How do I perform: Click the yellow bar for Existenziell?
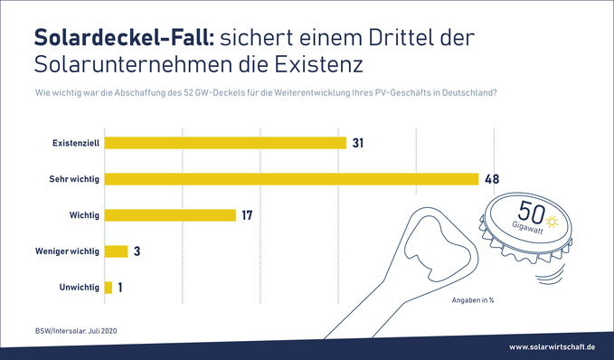coord(225,143)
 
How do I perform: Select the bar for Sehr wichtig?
coord(291,179)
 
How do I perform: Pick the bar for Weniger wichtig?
coord(116,251)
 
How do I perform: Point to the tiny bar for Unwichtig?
coord(109,288)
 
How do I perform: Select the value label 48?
coord(492,179)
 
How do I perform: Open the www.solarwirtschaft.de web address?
coord(551,346)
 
